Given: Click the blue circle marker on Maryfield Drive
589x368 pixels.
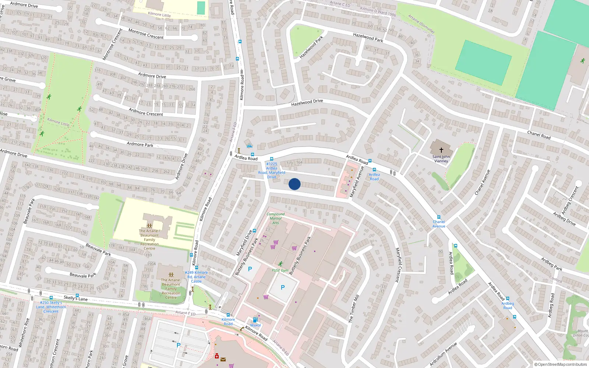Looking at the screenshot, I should point(294,184).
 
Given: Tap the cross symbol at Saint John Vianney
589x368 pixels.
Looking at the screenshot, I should point(441,150).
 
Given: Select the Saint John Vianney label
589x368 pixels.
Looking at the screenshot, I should point(441,159).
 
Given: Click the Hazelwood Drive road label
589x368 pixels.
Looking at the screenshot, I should point(307,102).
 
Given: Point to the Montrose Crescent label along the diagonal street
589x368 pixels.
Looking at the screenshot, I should point(112,44).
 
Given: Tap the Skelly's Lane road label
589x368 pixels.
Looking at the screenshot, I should point(75,298).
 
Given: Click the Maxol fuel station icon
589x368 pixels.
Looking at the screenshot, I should point(255,320).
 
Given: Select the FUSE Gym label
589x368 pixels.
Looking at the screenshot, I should point(280,270).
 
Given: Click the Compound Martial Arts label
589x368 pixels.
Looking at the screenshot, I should point(276,218).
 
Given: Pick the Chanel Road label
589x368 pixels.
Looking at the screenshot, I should point(539,135).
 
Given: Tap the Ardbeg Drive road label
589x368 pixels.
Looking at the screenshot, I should point(564,219).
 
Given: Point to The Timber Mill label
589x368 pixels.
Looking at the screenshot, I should point(354,309).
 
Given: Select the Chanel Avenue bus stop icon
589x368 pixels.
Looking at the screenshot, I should point(439,217).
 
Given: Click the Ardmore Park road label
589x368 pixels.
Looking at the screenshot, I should point(140,144).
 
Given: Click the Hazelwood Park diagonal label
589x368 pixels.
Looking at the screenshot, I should point(311,47).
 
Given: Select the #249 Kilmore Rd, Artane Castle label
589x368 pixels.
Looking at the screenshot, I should point(196,277).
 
